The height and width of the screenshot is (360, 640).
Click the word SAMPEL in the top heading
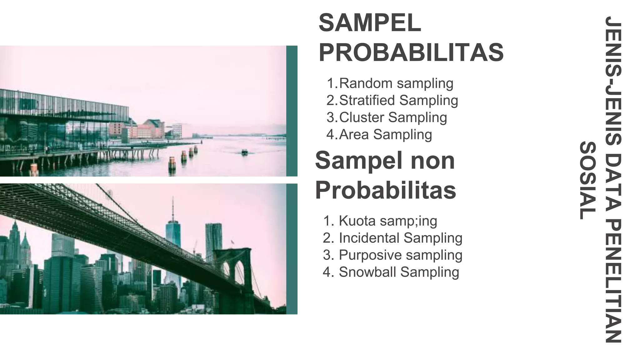click(370, 23)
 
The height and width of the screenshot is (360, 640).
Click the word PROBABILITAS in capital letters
click(411, 52)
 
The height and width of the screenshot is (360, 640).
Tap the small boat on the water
click(244, 152)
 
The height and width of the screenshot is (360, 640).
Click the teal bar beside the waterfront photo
click(292, 111)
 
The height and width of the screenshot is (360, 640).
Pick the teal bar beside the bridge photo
click(292, 249)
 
